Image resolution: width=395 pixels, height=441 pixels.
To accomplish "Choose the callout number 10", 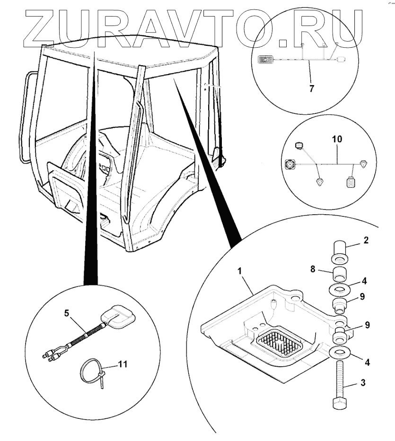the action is coord(336,140).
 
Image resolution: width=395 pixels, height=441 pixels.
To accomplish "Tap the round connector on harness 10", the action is coord(289,164).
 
